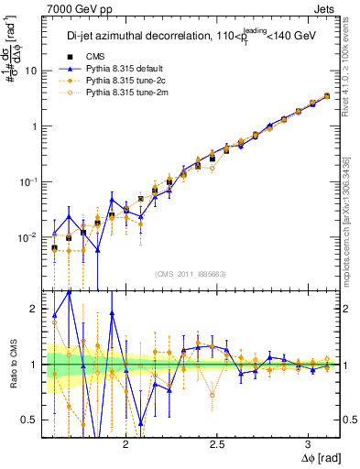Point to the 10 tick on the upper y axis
tap(31, 71)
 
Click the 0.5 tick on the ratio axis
tap(29, 420)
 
